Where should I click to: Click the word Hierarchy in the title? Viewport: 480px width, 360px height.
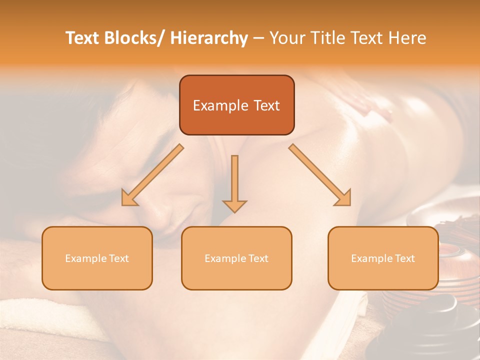[x=208, y=38]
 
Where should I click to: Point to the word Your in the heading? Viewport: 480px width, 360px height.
[x=287, y=38]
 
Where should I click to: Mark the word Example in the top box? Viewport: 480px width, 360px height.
[x=220, y=105]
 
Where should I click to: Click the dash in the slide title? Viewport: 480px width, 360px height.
[x=258, y=38]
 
